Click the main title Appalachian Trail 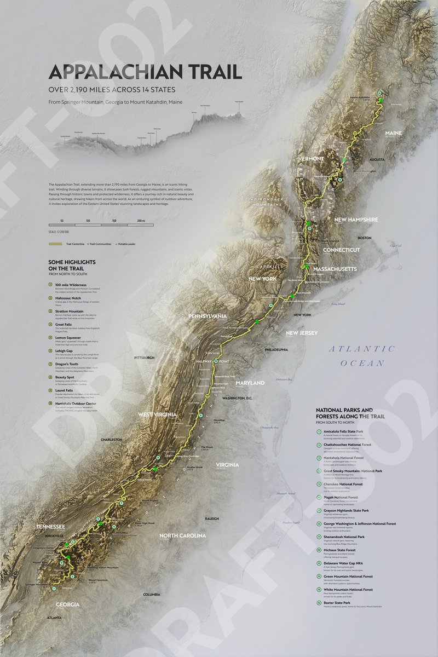click(145, 72)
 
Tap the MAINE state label click(393, 133)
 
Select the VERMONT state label click(311, 159)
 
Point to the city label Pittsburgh click(145, 358)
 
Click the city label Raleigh click(212, 518)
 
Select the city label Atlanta click(54, 618)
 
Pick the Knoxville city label click(51, 535)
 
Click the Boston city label click(364, 238)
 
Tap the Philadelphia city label click(275, 349)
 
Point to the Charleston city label click(111, 439)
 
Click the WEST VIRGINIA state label click(157, 414)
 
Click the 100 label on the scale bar click(88, 220)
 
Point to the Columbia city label click(152, 594)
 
